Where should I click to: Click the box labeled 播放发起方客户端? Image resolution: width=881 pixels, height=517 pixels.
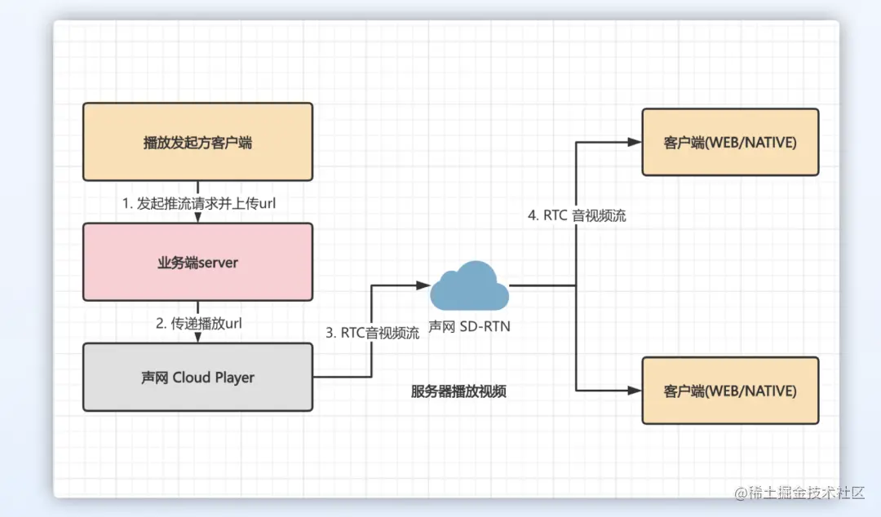(197, 142)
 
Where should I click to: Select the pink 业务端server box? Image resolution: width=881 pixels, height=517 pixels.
(197, 263)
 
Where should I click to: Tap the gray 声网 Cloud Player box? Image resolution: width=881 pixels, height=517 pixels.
(197, 377)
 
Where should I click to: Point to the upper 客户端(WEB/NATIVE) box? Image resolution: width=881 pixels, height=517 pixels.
(730, 142)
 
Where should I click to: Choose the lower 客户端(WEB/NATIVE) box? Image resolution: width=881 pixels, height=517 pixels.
(730, 391)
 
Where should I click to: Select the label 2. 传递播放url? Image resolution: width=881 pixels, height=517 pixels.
(199, 323)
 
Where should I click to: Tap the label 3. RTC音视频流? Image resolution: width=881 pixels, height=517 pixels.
(373, 333)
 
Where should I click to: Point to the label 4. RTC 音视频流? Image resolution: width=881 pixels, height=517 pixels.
(577, 216)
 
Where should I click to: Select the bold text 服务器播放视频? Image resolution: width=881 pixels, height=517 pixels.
(458, 391)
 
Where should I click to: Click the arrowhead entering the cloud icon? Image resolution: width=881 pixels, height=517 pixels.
(423, 285)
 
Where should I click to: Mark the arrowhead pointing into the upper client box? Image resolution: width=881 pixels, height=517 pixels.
(635, 142)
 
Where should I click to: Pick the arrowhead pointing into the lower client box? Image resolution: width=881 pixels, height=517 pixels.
(635, 391)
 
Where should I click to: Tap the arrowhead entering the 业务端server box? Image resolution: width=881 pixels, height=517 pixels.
(197, 218)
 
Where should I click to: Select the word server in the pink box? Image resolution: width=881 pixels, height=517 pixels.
(218, 263)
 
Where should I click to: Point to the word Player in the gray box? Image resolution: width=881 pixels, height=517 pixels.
(235, 377)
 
